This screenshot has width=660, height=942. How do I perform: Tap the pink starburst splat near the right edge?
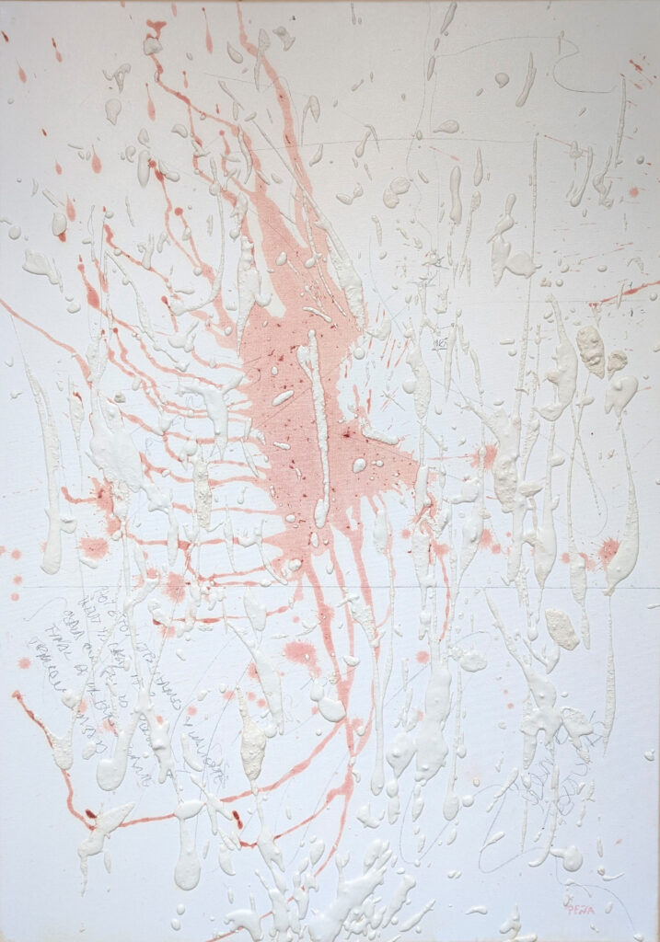coord(608,550)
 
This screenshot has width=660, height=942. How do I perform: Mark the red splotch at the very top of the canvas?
coord(156,28)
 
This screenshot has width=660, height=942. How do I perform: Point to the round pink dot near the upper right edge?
coord(633,191)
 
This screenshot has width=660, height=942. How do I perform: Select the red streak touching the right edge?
coord(635,293)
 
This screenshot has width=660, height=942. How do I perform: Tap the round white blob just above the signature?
coord(568,858)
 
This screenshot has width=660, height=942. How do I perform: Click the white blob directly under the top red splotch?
coord(152,45)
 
